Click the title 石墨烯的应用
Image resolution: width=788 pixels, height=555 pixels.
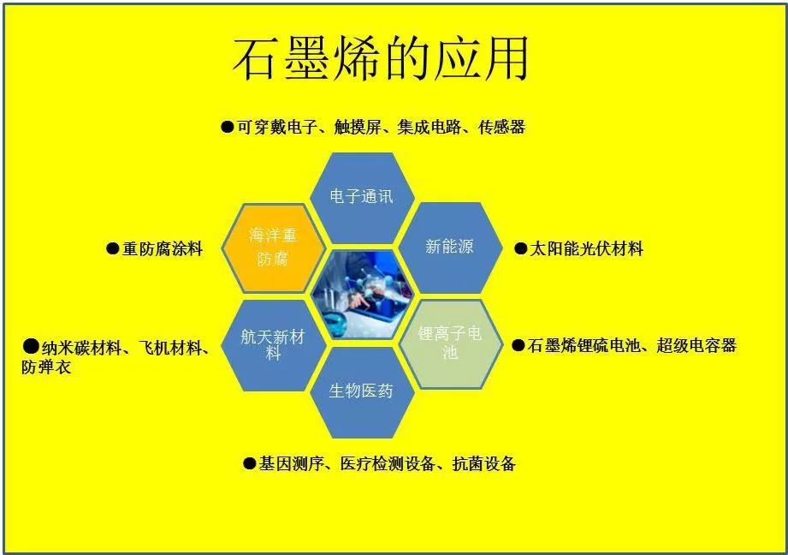coord(381,59)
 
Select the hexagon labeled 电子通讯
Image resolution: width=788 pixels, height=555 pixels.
coord(361,196)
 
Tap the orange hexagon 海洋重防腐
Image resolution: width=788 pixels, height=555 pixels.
coord(273,247)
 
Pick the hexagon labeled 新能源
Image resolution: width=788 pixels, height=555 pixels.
coord(449,247)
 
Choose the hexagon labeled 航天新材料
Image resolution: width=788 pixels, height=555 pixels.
coord(273,343)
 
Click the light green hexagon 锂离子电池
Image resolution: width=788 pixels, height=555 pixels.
coord(449,343)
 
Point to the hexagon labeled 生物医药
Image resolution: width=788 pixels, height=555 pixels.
coord(361,391)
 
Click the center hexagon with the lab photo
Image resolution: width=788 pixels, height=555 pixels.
coord(361,294)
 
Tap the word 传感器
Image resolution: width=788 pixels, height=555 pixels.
coord(501,128)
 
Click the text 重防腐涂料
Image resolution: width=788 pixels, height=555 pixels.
coord(163,249)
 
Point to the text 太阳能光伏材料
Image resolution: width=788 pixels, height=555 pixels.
coord(586,249)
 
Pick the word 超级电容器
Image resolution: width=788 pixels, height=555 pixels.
coord(696,346)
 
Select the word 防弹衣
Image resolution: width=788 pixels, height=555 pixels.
coord(46,367)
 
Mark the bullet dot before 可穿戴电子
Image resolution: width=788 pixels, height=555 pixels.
coord(228,128)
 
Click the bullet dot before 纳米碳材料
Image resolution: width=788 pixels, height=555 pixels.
coord(31,347)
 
